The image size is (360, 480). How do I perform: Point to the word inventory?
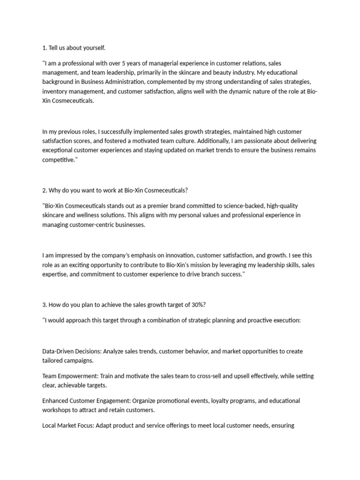pos(55,91)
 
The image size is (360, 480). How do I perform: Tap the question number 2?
pos(45,191)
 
